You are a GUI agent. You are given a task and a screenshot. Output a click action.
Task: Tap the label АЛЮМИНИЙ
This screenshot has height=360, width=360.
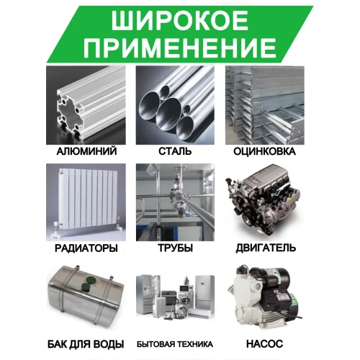click(x=87, y=153)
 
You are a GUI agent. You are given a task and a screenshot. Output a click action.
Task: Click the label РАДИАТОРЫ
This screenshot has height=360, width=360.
click(x=87, y=248)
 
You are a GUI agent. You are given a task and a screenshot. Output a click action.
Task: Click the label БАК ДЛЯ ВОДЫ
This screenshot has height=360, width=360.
click(x=87, y=343)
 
